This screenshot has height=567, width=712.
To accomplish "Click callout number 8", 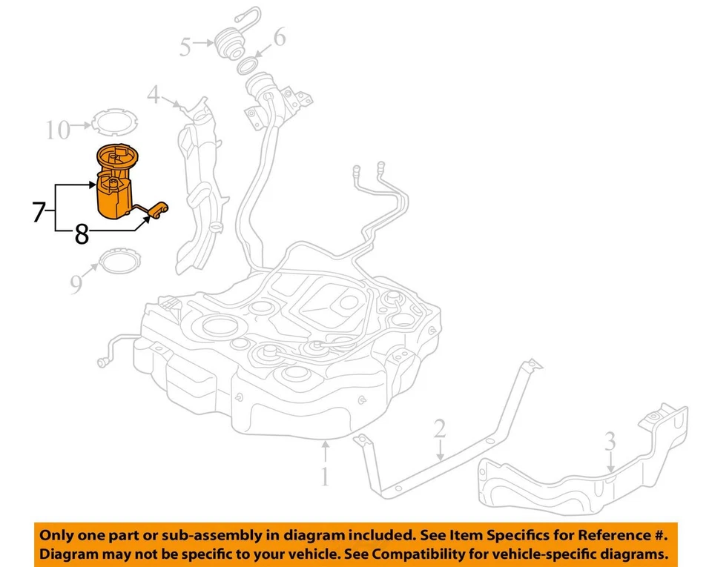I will tap(82, 235).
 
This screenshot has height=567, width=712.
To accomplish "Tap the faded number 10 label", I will tap(57, 130).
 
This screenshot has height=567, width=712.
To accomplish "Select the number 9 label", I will tap(76, 285).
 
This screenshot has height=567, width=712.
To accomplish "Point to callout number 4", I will tap(153, 95).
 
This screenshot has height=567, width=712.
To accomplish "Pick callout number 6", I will tap(279, 37).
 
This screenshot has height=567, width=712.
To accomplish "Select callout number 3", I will tap(610, 442).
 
